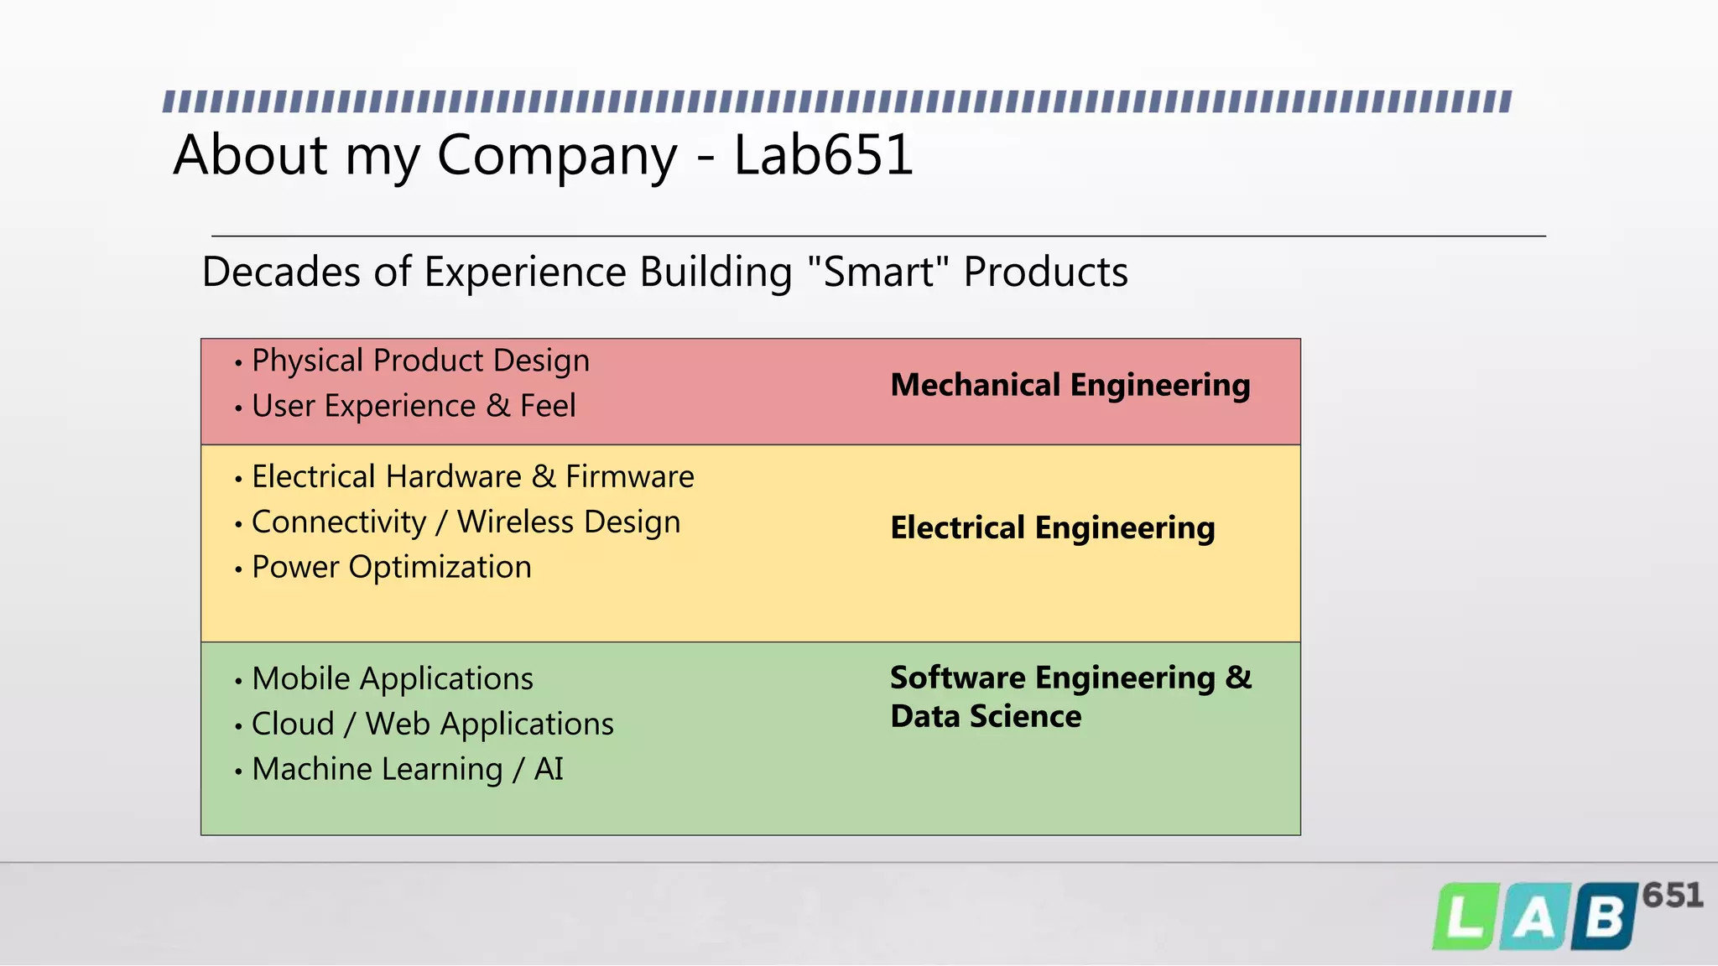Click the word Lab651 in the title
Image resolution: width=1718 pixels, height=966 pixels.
pyautogui.click(x=823, y=155)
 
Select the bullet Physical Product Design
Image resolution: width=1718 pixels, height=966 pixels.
pyautogui.click(x=420, y=361)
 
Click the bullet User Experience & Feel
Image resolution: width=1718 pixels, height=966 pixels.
pyautogui.click(x=414, y=406)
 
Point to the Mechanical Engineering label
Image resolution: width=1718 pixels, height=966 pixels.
pyautogui.click(x=1070, y=385)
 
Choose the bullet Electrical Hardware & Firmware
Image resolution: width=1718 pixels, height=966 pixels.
pyautogui.click(x=472, y=476)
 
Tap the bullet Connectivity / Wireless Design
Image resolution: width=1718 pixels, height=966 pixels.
pyautogui.click(x=466, y=522)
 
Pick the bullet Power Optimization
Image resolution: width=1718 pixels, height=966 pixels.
pyautogui.click(x=391, y=567)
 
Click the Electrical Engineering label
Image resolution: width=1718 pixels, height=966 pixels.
pyautogui.click(x=1052, y=527)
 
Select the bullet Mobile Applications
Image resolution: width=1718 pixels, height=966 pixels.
pyautogui.click(x=392, y=678)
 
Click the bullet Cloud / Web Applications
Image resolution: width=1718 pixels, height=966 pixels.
pyautogui.click(x=432, y=724)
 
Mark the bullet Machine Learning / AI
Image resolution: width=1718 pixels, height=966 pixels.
pyautogui.click(x=407, y=769)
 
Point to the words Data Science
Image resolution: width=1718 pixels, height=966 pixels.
pyautogui.click(x=986, y=716)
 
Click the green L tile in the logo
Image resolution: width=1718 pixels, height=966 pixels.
pyautogui.click(x=1465, y=918)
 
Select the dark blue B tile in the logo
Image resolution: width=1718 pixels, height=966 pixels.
pyautogui.click(x=1604, y=917)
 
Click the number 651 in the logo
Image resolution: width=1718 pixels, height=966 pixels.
pyautogui.click(x=1672, y=896)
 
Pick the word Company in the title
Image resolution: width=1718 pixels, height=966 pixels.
pyautogui.click(x=556, y=157)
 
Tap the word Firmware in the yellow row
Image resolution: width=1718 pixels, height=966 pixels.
pyautogui.click(x=629, y=476)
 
